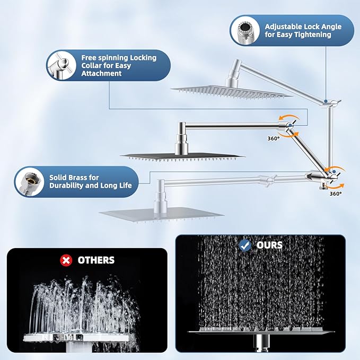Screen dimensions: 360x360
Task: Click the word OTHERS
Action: [96, 260]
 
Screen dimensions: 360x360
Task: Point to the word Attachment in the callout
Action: [102, 74]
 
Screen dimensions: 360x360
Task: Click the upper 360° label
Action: [274, 139]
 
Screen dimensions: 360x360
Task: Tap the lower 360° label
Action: [336, 194]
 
